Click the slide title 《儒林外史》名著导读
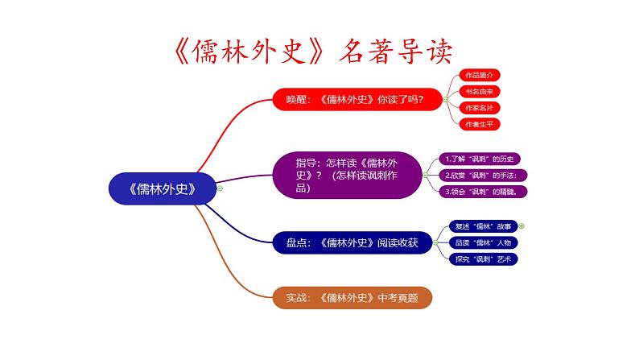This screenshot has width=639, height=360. (314, 51)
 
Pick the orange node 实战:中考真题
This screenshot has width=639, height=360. (352, 297)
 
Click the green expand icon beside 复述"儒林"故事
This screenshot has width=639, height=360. (522, 226)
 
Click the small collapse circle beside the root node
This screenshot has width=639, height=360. (220, 188)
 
